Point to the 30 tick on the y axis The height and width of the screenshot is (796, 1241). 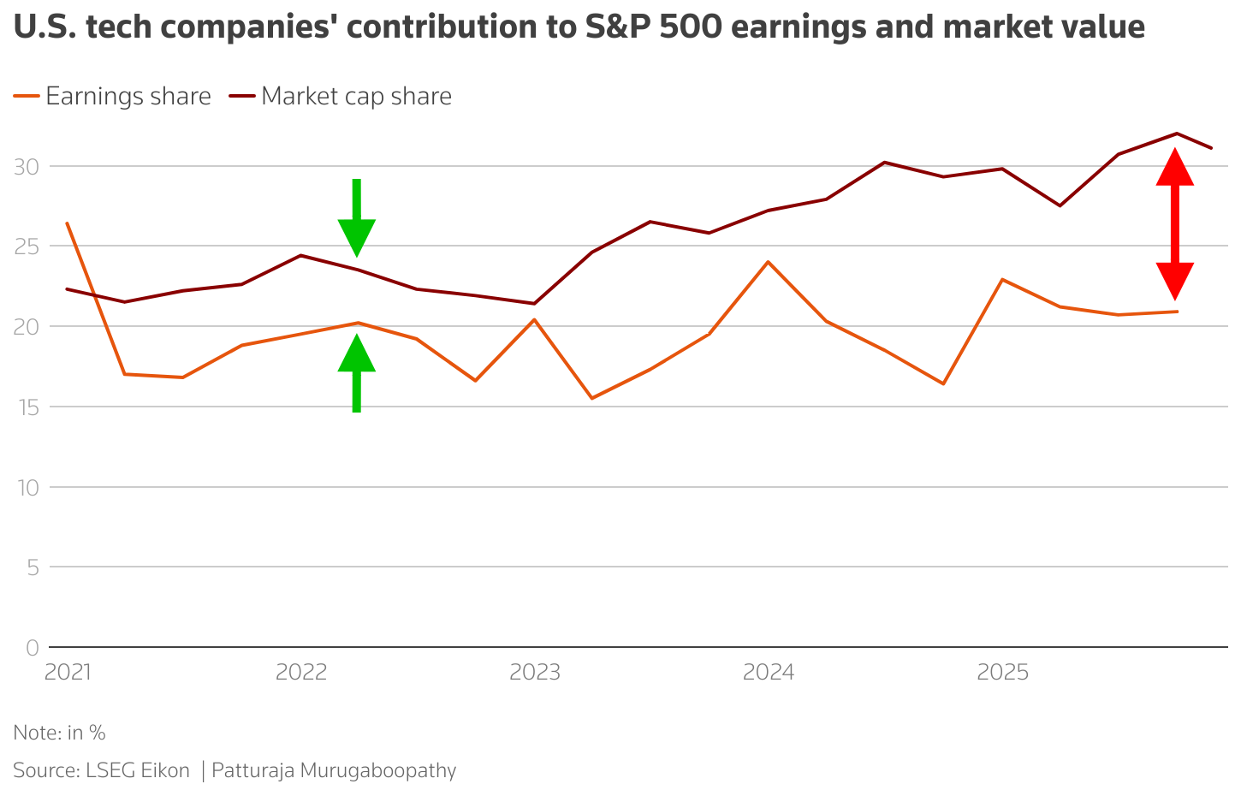tap(26, 166)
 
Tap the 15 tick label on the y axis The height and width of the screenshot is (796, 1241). tap(26, 407)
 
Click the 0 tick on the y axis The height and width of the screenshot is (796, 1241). tap(32, 648)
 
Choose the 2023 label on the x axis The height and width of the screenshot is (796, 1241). tap(535, 673)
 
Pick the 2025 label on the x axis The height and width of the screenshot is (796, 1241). tap(1002, 673)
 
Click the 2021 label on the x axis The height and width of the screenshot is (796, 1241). tap(68, 673)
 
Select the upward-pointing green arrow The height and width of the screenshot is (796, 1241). tap(357, 372)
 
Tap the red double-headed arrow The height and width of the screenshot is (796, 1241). tap(1175, 224)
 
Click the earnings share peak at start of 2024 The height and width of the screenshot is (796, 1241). tap(768, 261)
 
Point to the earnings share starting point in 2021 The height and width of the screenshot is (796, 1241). tap(67, 223)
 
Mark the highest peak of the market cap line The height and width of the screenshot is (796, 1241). tap(1177, 134)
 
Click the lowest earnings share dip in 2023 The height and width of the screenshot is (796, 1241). tap(591, 398)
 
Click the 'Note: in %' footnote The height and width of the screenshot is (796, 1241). tap(59, 734)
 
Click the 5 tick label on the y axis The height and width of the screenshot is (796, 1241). tap(32, 567)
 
